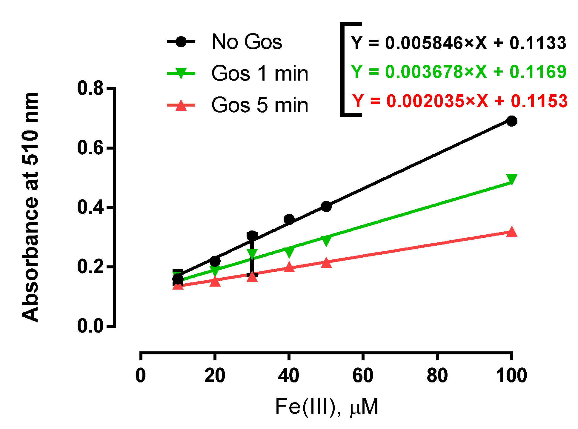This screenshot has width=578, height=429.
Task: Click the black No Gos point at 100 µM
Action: point(511,121)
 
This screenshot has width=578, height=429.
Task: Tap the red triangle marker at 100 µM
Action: point(511,232)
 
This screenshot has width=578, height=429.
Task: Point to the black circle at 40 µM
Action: point(289,219)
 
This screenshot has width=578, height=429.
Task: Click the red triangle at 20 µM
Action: point(215,281)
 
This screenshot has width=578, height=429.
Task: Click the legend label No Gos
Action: point(247,42)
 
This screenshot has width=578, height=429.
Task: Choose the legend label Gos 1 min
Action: point(259,73)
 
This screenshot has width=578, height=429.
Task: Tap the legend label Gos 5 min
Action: point(259,105)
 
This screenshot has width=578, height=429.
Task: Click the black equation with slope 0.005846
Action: point(458,43)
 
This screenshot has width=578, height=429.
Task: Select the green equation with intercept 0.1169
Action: point(458,72)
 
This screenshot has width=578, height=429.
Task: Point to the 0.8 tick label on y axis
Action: point(90,89)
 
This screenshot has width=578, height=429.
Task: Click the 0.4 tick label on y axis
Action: point(90,207)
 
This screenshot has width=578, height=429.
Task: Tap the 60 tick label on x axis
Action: point(363,376)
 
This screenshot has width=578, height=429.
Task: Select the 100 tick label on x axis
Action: point(511,376)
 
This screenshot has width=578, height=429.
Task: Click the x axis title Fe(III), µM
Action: point(326,407)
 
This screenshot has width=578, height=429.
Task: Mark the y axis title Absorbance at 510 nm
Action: point(30,207)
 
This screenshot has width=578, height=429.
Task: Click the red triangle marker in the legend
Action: point(181,106)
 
